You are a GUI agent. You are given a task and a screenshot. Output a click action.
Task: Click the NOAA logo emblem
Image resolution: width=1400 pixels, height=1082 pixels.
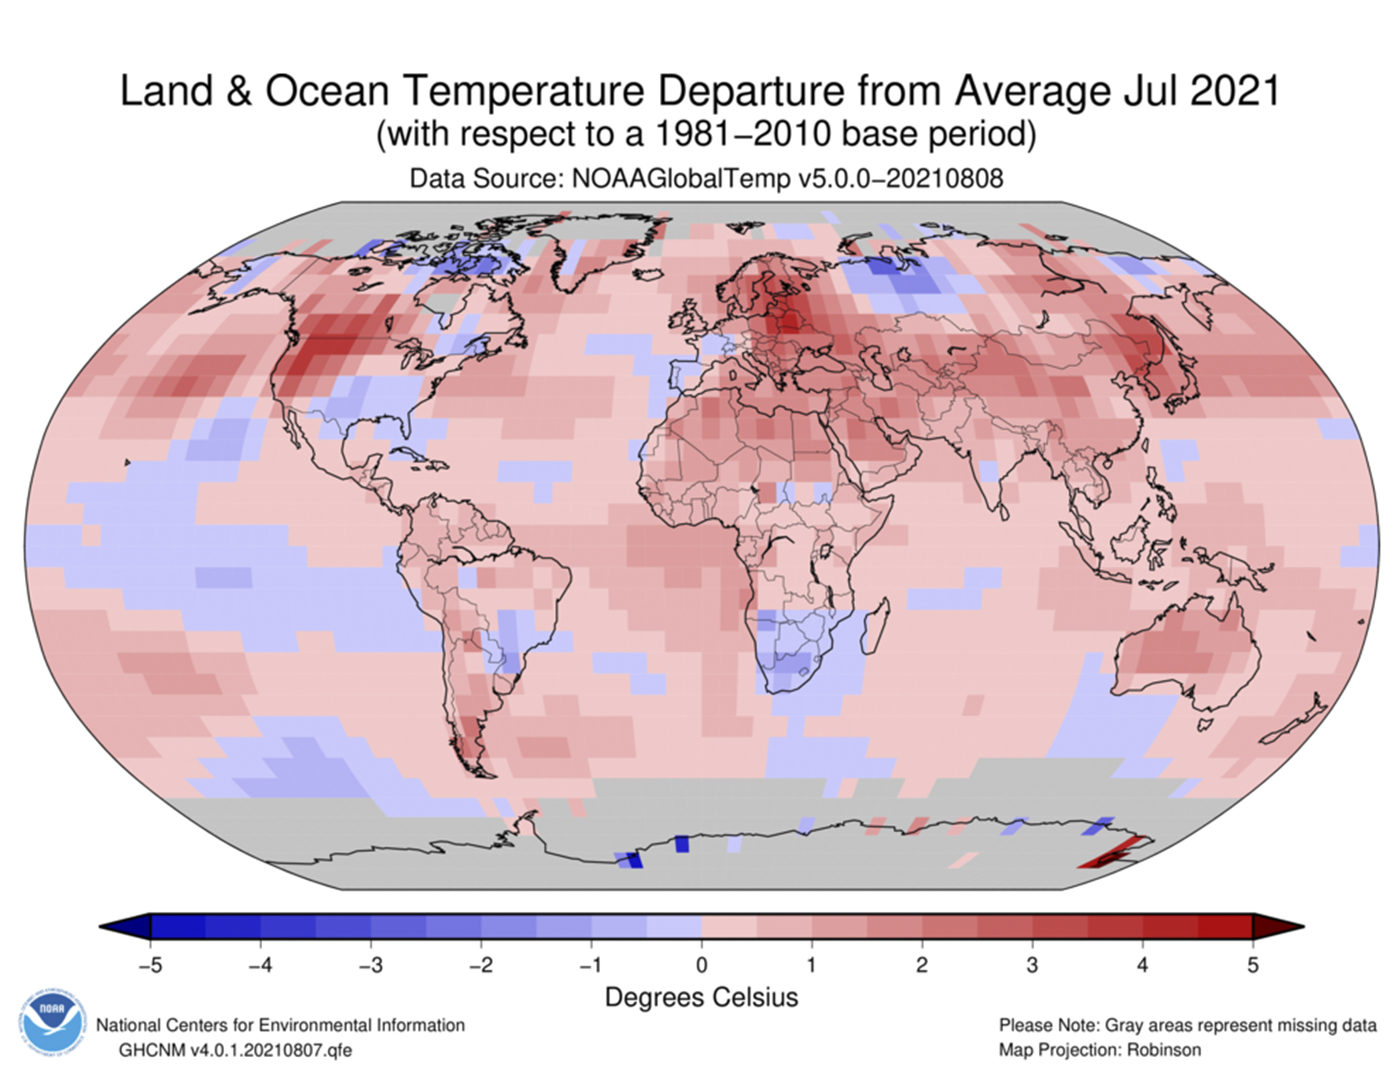pyautogui.click(x=51, y=1023)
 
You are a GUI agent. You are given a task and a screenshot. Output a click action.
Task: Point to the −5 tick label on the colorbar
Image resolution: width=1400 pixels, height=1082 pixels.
pyautogui.click(x=150, y=965)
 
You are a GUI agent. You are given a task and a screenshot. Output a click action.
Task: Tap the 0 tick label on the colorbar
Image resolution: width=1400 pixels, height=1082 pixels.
pyautogui.click(x=701, y=965)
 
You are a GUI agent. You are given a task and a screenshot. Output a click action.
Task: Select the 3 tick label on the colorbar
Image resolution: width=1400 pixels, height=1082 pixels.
pyautogui.click(x=1032, y=965)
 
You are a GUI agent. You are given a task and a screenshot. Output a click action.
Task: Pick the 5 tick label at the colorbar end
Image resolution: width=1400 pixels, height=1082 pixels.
pyautogui.click(x=1253, y=965)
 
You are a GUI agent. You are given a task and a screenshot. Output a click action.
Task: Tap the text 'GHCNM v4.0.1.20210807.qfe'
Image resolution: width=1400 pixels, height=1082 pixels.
pyautogui.click(x=235, y=1050)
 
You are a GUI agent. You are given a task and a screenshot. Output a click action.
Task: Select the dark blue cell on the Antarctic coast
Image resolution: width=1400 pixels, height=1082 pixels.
pyautogui.click(x=683, y=843)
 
